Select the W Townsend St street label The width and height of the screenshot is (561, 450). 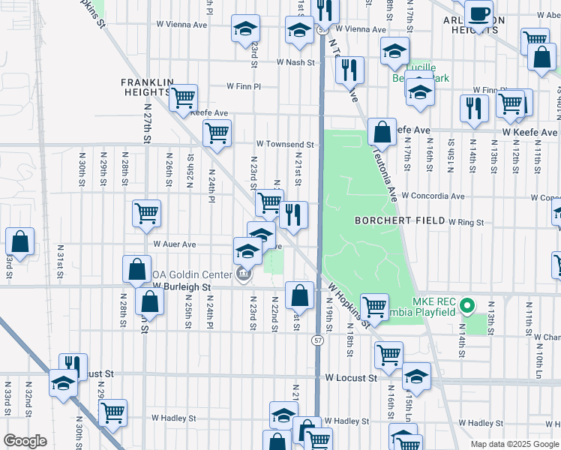[x=284, y=143]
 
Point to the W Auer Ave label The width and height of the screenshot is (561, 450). [x=175, y=244]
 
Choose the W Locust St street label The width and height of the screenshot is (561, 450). [x=347, y=379]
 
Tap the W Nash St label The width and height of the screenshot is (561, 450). [x=295, y=62]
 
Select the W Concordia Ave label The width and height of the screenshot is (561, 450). [x=433, y=196]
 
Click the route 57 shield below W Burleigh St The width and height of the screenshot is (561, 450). [x=318, y=341]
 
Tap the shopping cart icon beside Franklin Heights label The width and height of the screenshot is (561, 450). [x=183, y=97]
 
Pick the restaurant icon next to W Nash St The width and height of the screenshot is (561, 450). [x=349, y=70]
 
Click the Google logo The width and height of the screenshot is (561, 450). [x=25, y=441]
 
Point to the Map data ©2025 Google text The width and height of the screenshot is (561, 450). [x=514, y=444]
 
